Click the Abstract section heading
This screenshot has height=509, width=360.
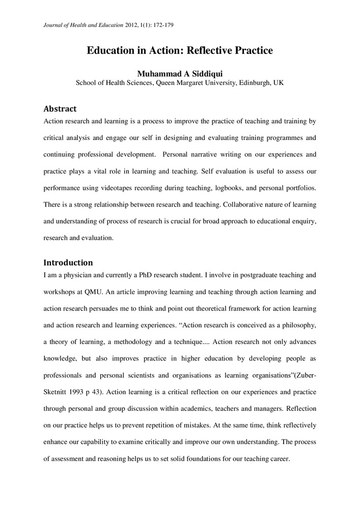tap(60, 109)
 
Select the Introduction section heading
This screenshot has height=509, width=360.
tap(68, 263)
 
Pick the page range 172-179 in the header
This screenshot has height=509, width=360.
tap(164, 24)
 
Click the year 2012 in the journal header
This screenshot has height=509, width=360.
tap(130, 24)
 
